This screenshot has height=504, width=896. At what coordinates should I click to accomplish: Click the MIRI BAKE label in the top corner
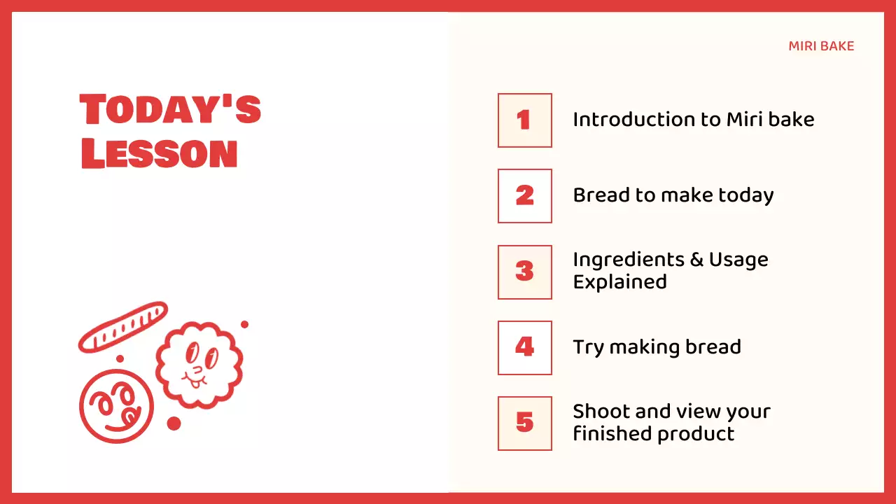point(821,46)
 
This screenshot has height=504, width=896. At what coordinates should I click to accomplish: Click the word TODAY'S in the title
point(170,111)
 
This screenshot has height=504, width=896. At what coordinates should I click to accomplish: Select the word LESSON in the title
point(160,154)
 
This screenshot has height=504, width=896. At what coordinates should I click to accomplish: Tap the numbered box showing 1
point(524,120)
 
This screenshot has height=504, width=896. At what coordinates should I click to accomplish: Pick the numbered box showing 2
point(524,196)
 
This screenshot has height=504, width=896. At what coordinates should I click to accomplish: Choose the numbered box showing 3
point(524,272)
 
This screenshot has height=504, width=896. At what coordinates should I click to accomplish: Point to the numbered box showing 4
point(524,347)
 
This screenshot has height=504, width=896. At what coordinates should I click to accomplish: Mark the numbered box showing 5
point(524,423)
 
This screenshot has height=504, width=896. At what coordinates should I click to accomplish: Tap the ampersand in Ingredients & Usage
point(696,260)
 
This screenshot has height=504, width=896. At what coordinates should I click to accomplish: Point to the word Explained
point(619,282)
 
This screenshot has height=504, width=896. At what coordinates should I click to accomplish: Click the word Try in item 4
point(588,348)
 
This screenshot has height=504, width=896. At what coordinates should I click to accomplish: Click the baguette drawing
point(122,327)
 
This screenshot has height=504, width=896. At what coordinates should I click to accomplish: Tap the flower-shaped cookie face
point(199,364)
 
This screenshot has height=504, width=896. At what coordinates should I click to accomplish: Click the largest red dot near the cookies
point(174,423)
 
